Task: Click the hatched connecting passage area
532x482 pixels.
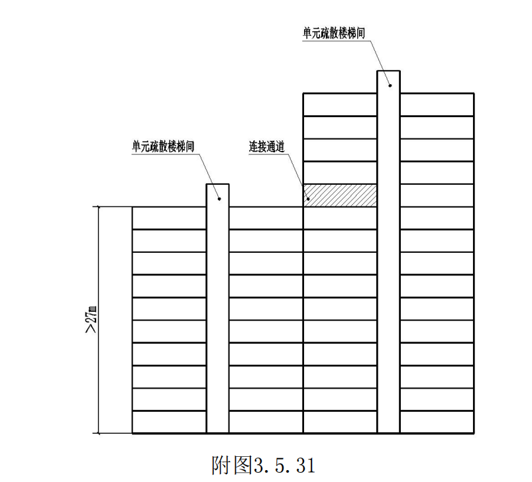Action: [340, 195]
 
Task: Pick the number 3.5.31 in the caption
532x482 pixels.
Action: [283, 464]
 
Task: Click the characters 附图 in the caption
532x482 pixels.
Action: [231, 464]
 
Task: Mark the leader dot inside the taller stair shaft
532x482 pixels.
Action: [390, 84]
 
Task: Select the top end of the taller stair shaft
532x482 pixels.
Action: [389, 71]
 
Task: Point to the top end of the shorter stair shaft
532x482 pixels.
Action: [218, 185]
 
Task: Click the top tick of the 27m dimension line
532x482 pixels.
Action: [98, 207]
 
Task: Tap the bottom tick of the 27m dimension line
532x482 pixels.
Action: [98, 434]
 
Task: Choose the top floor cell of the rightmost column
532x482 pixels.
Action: [437, 105]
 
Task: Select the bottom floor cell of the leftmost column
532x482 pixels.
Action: [170, 422]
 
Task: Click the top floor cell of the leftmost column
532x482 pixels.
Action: [170, 218]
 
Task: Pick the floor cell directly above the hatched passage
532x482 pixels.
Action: [340, 173]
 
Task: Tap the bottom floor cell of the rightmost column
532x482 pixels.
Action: [437, 422]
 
